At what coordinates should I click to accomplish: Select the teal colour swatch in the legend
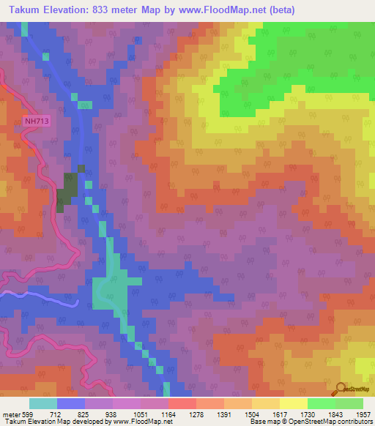point(43,403)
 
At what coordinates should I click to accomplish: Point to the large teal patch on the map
point(111,293)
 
